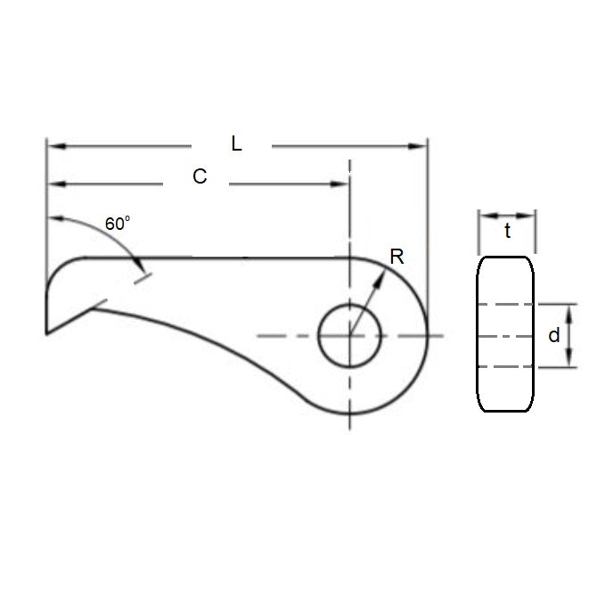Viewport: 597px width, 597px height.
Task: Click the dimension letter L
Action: pyautogui.click(x=236, y=143)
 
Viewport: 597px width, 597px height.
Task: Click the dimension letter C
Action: pyautogui.click(x=200, y=176)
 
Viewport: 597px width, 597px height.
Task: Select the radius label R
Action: pyautogui.click(x=397, y=258)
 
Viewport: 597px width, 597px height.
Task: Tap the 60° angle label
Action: pyautogui.click(x=118, y=224)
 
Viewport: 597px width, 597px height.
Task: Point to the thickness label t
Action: pyautogui.click(x=507, y=232)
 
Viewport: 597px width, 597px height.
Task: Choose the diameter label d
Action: pyautogui.click(x=554, y=335)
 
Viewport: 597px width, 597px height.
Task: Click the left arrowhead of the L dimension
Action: pyautogui.click(x=53, y=143)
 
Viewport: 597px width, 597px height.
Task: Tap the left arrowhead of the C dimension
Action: pyautogui.click(x=53, y=184)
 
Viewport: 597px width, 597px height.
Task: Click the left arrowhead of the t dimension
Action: pyautogui.click(x=484, y=215)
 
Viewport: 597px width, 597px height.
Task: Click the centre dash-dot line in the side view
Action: pyautogui.click(x=507, y=336)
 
